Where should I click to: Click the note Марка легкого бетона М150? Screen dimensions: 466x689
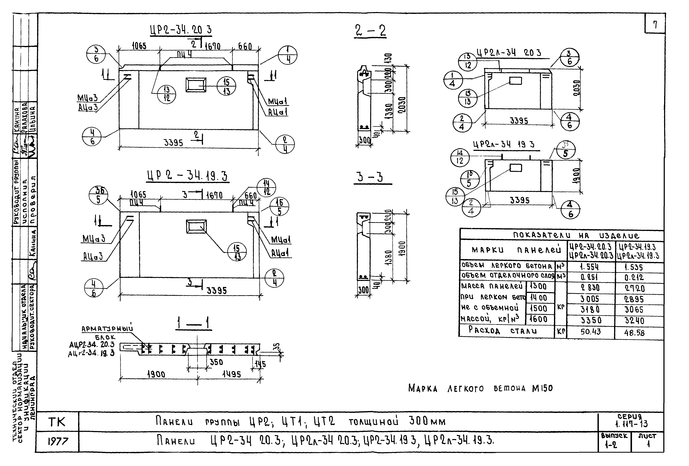tap(480, 388)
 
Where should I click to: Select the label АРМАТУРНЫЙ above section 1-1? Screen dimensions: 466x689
tap(107, 329)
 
